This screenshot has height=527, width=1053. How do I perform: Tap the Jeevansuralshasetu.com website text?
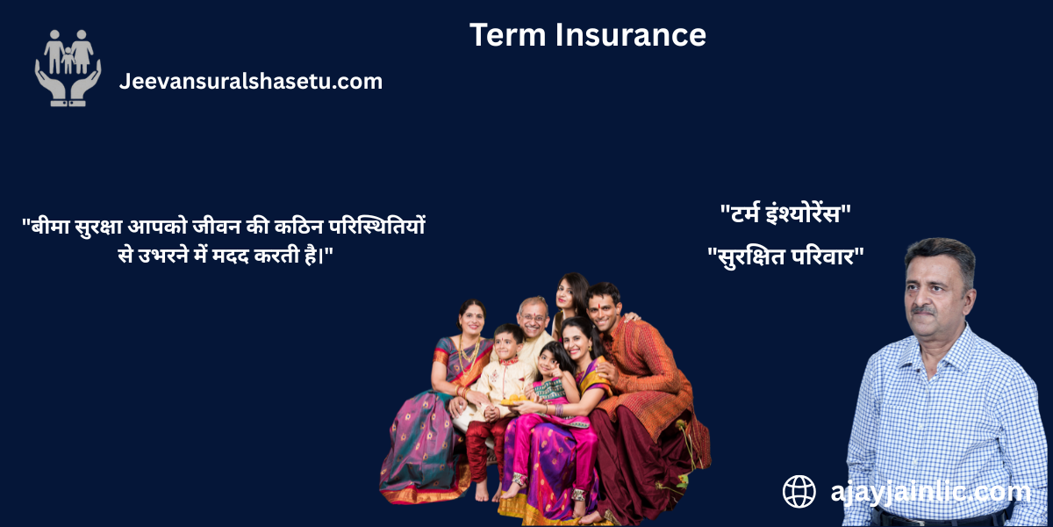250,82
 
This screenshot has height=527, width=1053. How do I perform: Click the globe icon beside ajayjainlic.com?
799,492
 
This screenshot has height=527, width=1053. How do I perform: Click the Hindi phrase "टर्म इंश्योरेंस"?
785,213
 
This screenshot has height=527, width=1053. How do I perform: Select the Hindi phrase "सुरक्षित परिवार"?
785,257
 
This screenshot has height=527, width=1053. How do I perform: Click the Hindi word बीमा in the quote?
52,226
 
